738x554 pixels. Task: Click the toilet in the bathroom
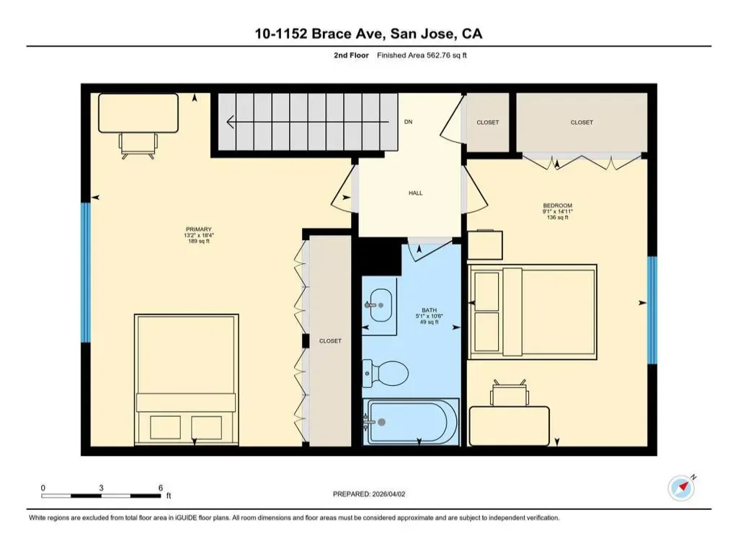[385, 374]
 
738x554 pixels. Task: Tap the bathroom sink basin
[381, 305]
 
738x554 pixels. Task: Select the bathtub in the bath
[412, 422]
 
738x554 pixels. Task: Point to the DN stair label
[408, 121]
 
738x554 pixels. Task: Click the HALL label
[416, 193]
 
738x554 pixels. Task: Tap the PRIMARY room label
[199, 229]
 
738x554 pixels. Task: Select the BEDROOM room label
[558, 206]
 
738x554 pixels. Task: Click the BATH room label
[430, 310]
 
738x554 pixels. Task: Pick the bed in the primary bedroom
[187, 379]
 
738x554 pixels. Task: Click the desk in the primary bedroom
[138, 113]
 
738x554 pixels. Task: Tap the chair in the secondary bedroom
[510, 392]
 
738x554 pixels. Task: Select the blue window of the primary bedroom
[86, 272]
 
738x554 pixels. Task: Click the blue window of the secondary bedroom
[652, 310]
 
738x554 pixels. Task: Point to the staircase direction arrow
[308, 123]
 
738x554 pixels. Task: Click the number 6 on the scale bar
[161, 488]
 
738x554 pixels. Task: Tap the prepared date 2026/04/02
[388, 494]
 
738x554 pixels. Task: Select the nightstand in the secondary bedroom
[485, 245]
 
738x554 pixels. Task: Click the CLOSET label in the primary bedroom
[330, 340]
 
